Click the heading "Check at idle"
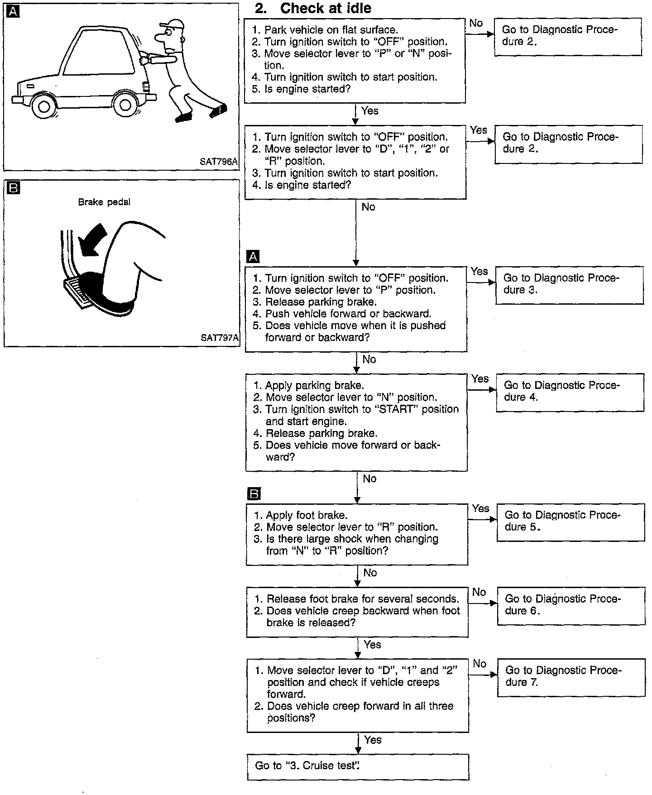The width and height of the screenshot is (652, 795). (325, 8)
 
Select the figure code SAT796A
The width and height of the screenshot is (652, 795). (218, 162)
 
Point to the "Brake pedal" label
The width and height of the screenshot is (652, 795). (104, 202)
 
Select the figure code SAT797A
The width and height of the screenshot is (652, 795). (219, 337)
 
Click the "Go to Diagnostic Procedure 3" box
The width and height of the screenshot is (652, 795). (570, 285)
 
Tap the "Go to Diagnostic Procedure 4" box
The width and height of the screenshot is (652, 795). (570, 392)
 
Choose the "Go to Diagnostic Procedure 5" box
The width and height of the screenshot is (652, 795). (570, 522)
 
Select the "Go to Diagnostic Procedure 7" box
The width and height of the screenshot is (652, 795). (571, 677)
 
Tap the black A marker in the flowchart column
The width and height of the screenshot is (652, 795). (253, 257)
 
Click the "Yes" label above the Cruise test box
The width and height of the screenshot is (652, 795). (373, 740)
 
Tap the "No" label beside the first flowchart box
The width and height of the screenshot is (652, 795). (476, 23)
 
